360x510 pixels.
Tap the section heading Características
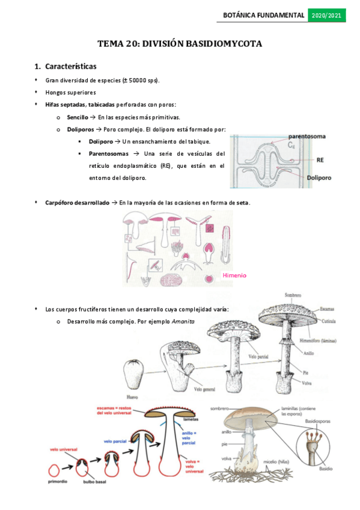click(70, 66)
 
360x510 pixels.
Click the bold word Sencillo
click(78, 117)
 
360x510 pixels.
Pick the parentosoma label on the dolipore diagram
click(307, 137)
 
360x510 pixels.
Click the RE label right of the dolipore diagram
click(320, 161)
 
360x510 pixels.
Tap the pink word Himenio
click(234, 275)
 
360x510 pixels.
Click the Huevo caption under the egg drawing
click(134, 397)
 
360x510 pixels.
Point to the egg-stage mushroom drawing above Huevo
click(133, 374)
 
